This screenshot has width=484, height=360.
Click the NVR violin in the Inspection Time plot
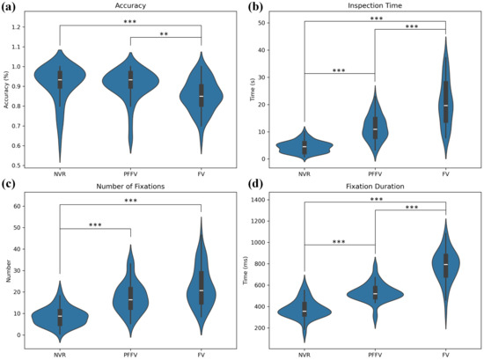304,145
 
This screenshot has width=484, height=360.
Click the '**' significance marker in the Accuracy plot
165,34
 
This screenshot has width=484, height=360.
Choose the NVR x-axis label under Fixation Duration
304,353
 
